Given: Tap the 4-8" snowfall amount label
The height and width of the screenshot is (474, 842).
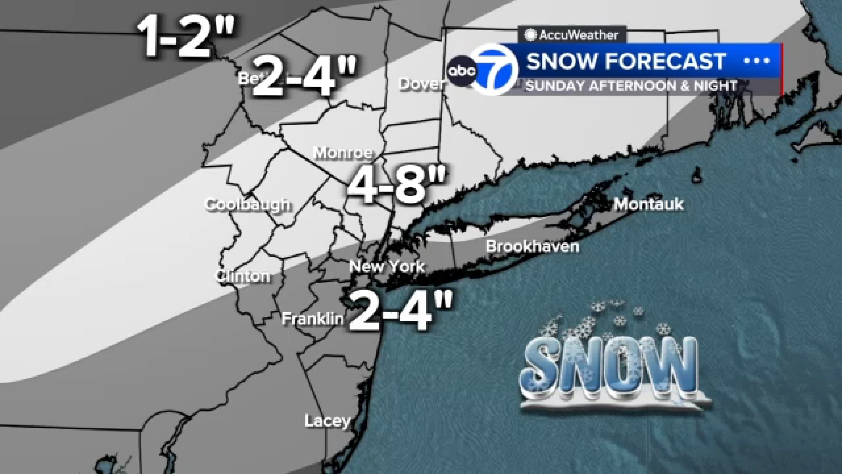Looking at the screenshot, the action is [x=397, y=186].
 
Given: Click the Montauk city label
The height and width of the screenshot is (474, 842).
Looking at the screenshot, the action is [x=649, y=204].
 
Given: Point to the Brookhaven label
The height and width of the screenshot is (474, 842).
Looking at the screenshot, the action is [x=532, y=247].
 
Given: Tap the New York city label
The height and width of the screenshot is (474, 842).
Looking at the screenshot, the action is [x=387, y=266].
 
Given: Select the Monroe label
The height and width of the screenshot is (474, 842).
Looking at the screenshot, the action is [x=343, y=153].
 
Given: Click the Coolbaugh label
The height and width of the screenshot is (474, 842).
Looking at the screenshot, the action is [x=248, y=205].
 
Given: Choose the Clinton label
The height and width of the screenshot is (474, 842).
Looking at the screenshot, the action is [x=243, y=276].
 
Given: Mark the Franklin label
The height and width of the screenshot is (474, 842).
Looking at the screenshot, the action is [x=312, y=319].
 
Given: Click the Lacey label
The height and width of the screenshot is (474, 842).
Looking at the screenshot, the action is [x=328, y=421].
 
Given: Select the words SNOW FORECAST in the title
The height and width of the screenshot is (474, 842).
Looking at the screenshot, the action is [x=626, y=61].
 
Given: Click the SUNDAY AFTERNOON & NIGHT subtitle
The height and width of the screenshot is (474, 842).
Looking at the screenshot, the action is [x=631, y=86].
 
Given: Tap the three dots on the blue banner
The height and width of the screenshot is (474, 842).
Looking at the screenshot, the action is [x=757, y=61].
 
